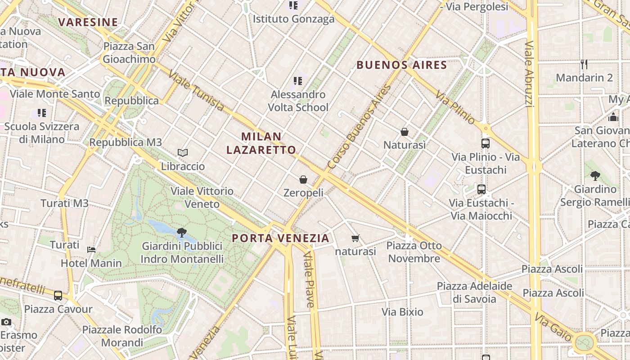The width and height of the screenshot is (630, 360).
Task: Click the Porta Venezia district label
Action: [280, 238]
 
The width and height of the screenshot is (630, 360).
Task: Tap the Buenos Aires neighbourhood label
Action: [402, 65]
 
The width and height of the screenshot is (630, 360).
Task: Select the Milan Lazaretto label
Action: [261, 143]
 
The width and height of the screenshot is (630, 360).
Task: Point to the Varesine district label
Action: [88, 22]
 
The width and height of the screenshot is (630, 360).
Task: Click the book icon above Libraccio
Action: [182, 153]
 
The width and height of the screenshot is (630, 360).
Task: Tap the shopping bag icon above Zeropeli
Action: [303, 180]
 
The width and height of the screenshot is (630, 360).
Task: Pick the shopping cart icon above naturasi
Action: [355, 238]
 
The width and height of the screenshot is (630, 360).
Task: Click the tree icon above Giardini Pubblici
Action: [182, 233]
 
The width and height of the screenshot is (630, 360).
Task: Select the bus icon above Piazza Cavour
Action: [58, 296]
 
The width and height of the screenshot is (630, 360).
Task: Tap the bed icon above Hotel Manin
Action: [91, 249]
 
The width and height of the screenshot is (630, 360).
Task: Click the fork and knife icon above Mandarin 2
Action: [584, 64]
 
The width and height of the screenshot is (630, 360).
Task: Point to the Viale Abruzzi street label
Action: [530, 74]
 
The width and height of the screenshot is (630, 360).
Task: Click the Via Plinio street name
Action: [455, 108]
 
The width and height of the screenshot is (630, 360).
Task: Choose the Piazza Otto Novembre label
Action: [414, 252]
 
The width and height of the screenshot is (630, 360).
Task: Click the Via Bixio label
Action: [402, 312]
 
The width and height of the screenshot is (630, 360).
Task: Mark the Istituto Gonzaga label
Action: [293, 19]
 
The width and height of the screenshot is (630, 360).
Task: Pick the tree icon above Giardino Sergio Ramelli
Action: [595, 175]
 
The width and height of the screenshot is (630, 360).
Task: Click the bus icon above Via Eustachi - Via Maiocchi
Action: [481, 189]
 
